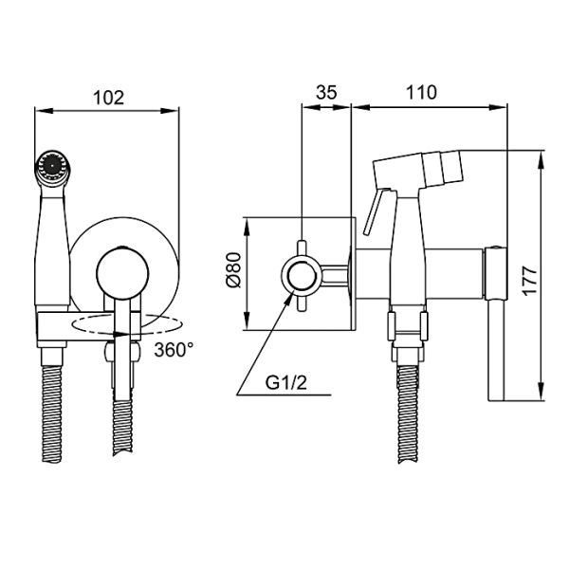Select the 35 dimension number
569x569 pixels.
click(326, 92)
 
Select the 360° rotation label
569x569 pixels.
click(174, 348)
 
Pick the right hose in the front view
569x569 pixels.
click(121, 417)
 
